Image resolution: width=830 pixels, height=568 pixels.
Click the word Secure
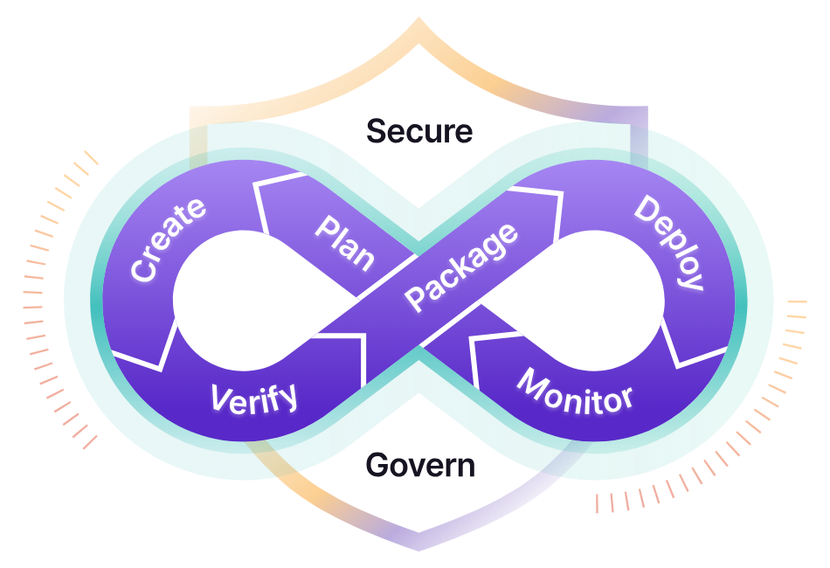click(x=419, y=132)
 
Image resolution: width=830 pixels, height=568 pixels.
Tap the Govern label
click(x=420, y=466)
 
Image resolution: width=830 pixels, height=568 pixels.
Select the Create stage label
click(x=169, y=239)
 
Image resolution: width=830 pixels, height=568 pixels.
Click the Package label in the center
click(x=462, y=267)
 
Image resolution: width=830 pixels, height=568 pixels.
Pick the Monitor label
click(x=574, y=391)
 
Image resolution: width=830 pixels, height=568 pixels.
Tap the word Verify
click(x=254, y=398)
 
